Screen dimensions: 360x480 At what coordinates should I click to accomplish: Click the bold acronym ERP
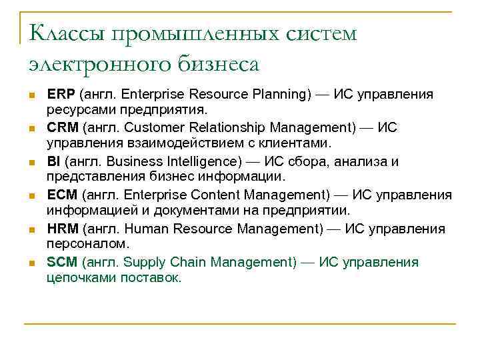pos(61,94)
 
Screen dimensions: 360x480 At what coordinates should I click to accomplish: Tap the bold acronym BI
pos(54,161)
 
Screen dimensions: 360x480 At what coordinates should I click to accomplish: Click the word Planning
pos(280,94)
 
